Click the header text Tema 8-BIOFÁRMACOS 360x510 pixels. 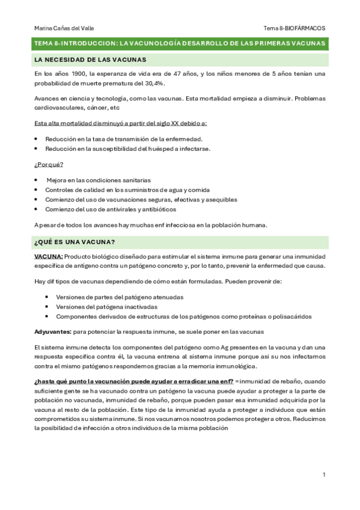coord(294,28)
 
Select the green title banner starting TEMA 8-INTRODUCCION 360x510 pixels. coord(180,44)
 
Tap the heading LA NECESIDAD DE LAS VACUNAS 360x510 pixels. coord(91,60)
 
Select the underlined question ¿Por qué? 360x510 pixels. coord(49,165)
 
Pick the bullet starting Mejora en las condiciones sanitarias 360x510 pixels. coord(99,180)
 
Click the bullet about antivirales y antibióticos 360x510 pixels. coord(111,209)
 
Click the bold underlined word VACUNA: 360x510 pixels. coord(46,256)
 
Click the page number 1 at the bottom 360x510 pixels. coord(323,475)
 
